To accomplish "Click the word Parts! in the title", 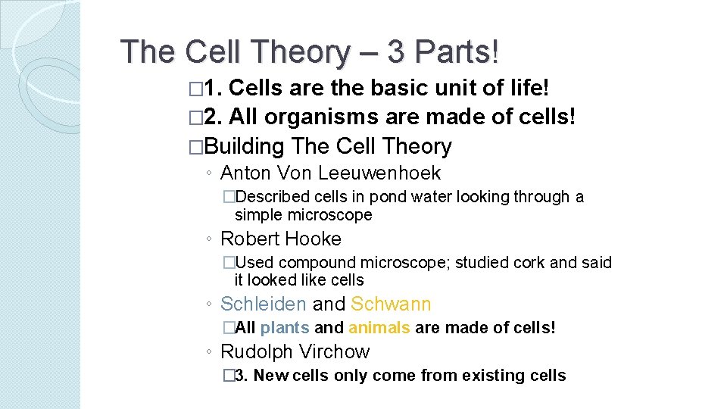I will [x=459, y=52].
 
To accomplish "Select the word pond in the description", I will [x=387, y=197].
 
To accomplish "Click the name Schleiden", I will [x=264, y=304].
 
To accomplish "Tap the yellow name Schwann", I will [x=391, y=304].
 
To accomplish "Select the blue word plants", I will [x=285, y=328].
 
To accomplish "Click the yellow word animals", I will [x=379, y=328].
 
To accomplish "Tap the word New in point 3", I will [x=271, y=376].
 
